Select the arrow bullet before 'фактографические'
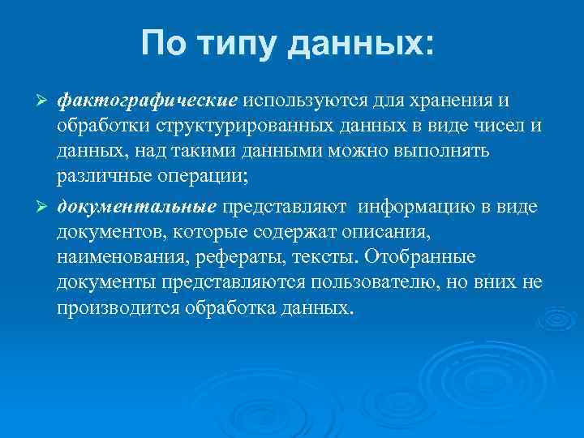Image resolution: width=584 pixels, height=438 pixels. pos(44,101)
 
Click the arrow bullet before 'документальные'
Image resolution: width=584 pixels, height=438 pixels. pos(44,207)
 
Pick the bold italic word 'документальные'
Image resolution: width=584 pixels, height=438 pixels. pos(137,207)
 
